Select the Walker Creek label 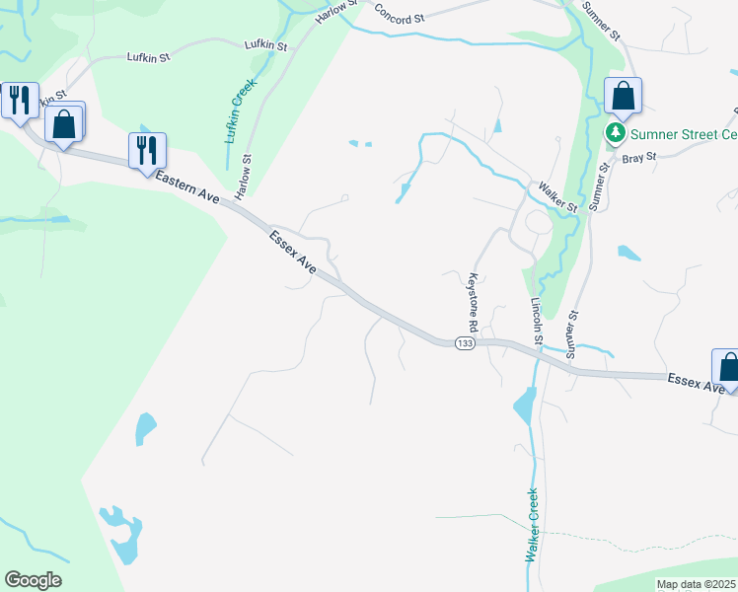coord(532,526)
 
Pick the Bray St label coord(638,157)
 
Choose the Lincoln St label coord(538,322)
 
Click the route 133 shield coord(466,342)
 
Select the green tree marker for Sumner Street coord(616,133)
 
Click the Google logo coord(33,579)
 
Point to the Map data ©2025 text coord(696,584)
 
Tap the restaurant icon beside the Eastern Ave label coord(147,150)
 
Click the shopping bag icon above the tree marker coord(623,97)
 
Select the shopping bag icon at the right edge coord(728,367)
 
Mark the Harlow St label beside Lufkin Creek coord(245,173)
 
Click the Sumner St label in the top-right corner coord(602,20)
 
